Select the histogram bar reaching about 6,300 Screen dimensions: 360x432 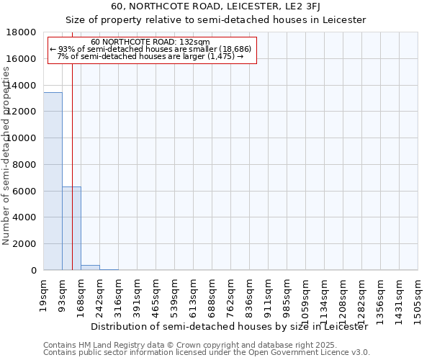click(x=71, y=228)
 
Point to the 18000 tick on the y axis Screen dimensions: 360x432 click(x=25, y=32)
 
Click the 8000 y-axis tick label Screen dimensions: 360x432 click(x=25, y=165)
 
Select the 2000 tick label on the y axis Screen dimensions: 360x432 click(x=25, y=244)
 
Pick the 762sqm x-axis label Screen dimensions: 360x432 click(x=231, y=293)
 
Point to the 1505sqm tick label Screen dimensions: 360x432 click(x=418, y=296)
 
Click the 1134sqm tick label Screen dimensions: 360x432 click(x=324, y=296)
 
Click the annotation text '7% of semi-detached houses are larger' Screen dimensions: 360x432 click(x=151, y=56)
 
